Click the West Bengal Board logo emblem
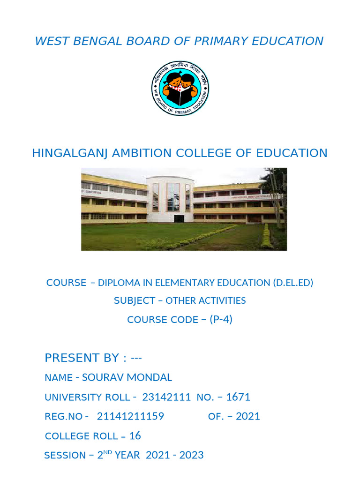pyautogui.click(x=180, y=90)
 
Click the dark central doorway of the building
pyautogui.click(x=179, y=218)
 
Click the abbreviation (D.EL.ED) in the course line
pyautogui.click(x=292, y=283)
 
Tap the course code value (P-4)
pyautogui.click(x=221, y=319)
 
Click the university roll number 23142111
pyautogui.click(x=166, y=397)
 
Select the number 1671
pyautogui.click(x=238, y=397)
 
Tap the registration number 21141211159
pyautogui.click(x=130, y=417)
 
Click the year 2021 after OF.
pyautogui.click(x=248, y=417)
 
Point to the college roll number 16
pyautogui.click(x=135, y=436)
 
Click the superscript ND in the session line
pyautogui.click(x=107, y=452)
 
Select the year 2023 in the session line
pyautogui.click(x=192, y=455)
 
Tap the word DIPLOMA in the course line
pyautogui.click(x=116, y=283)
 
